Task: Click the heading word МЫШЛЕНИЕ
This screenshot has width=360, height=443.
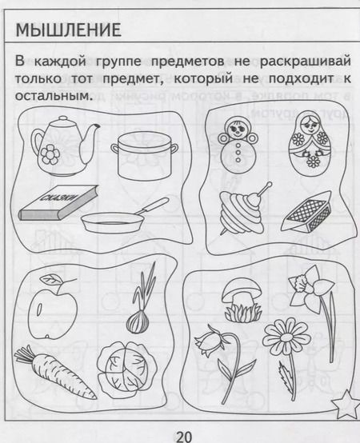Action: tap(69, 31)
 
